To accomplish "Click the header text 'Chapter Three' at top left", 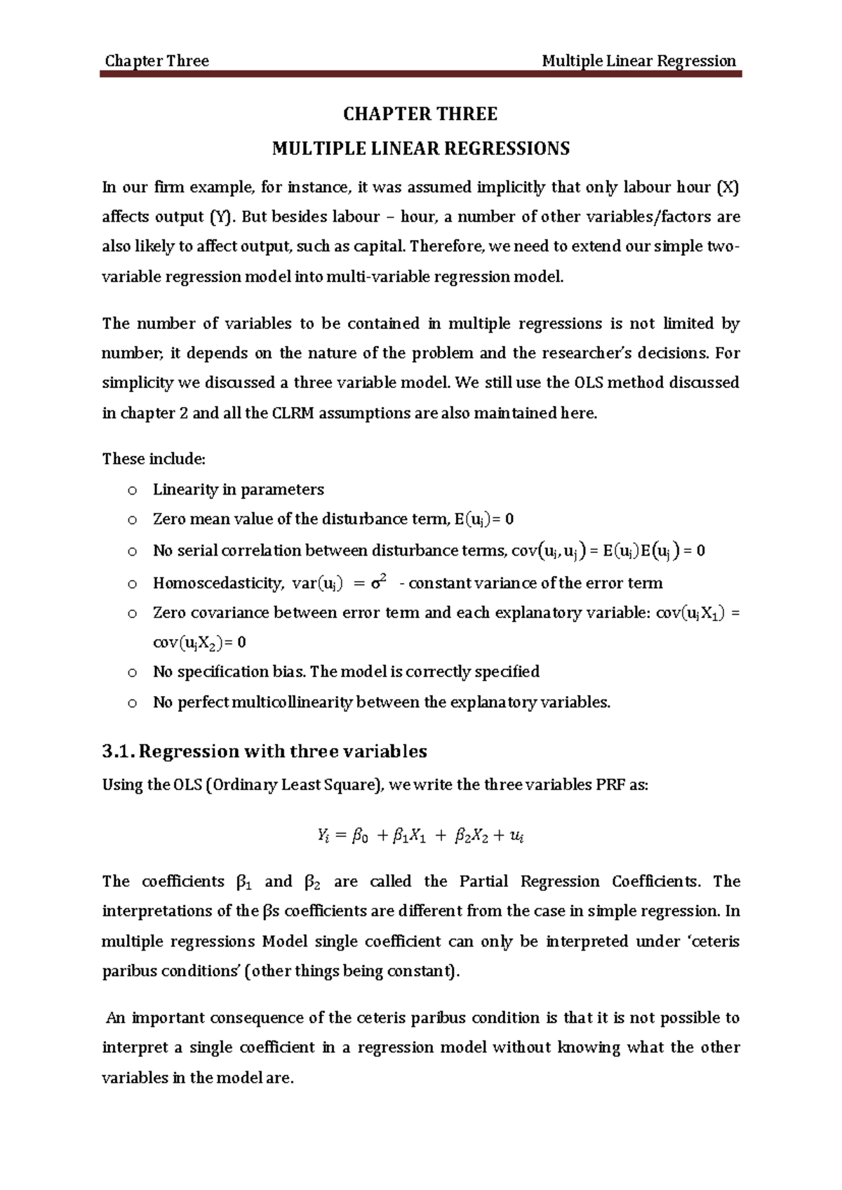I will click(156, 61).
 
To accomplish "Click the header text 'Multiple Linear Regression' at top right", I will click(639, 61).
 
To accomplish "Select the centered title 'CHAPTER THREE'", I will click(420, 114).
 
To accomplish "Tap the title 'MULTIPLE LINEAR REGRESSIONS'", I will click(420, 149).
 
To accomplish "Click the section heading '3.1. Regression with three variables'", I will click(265, 751).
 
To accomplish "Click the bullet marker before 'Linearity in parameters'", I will click(131, 490).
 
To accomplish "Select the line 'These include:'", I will click(154, 459).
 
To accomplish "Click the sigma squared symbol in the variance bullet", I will click(379, 582).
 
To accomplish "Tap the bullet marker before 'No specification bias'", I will click(131, 673).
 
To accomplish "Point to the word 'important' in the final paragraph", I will click(168, 1018).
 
